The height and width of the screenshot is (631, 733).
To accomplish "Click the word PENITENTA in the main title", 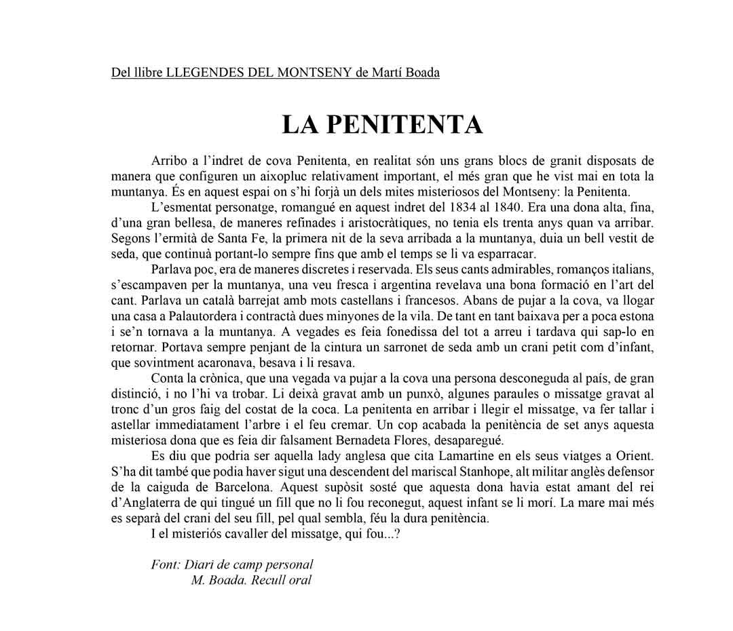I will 410,125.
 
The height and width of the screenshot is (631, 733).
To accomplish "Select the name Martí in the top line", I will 389,72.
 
